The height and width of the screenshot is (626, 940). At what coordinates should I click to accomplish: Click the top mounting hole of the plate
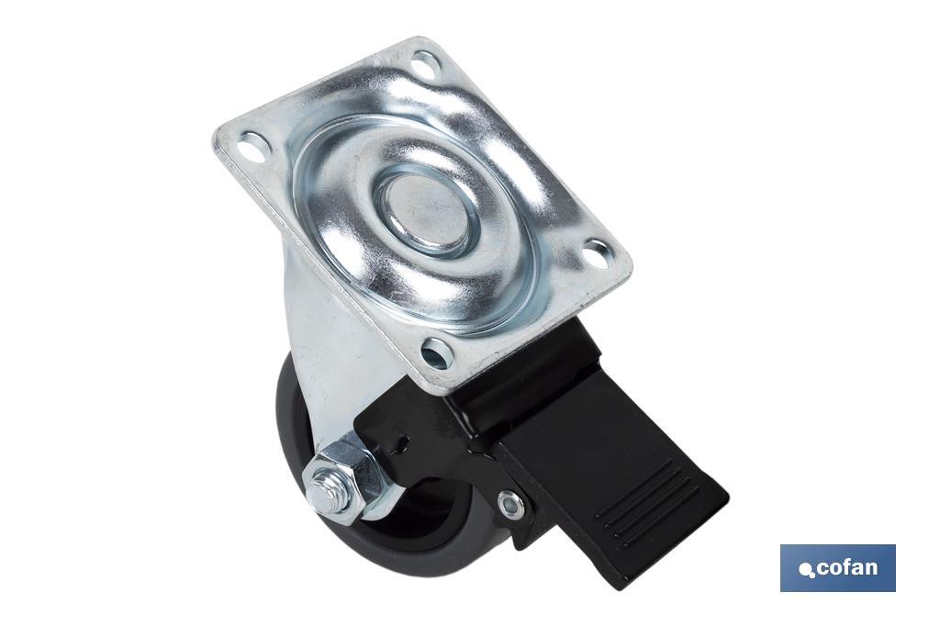coord(426,62)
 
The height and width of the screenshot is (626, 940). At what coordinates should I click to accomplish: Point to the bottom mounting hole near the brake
coord(436,352)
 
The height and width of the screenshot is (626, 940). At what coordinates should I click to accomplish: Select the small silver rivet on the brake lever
coord(509,502)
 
